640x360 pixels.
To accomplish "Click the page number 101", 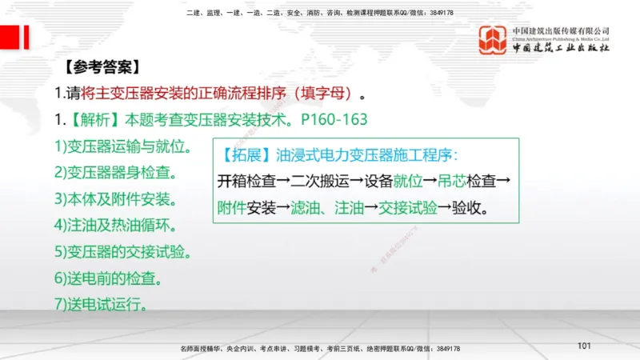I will coord(583,345).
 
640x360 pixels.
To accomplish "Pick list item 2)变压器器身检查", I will coord(116,172).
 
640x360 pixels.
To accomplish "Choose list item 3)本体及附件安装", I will coord(116,198).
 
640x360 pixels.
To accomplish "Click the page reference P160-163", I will coord(334,120).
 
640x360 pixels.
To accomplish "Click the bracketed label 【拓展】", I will coord(244,154).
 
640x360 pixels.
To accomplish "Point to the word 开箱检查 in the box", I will coord(244,182).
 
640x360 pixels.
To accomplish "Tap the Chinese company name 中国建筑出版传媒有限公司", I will coord(561,30).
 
